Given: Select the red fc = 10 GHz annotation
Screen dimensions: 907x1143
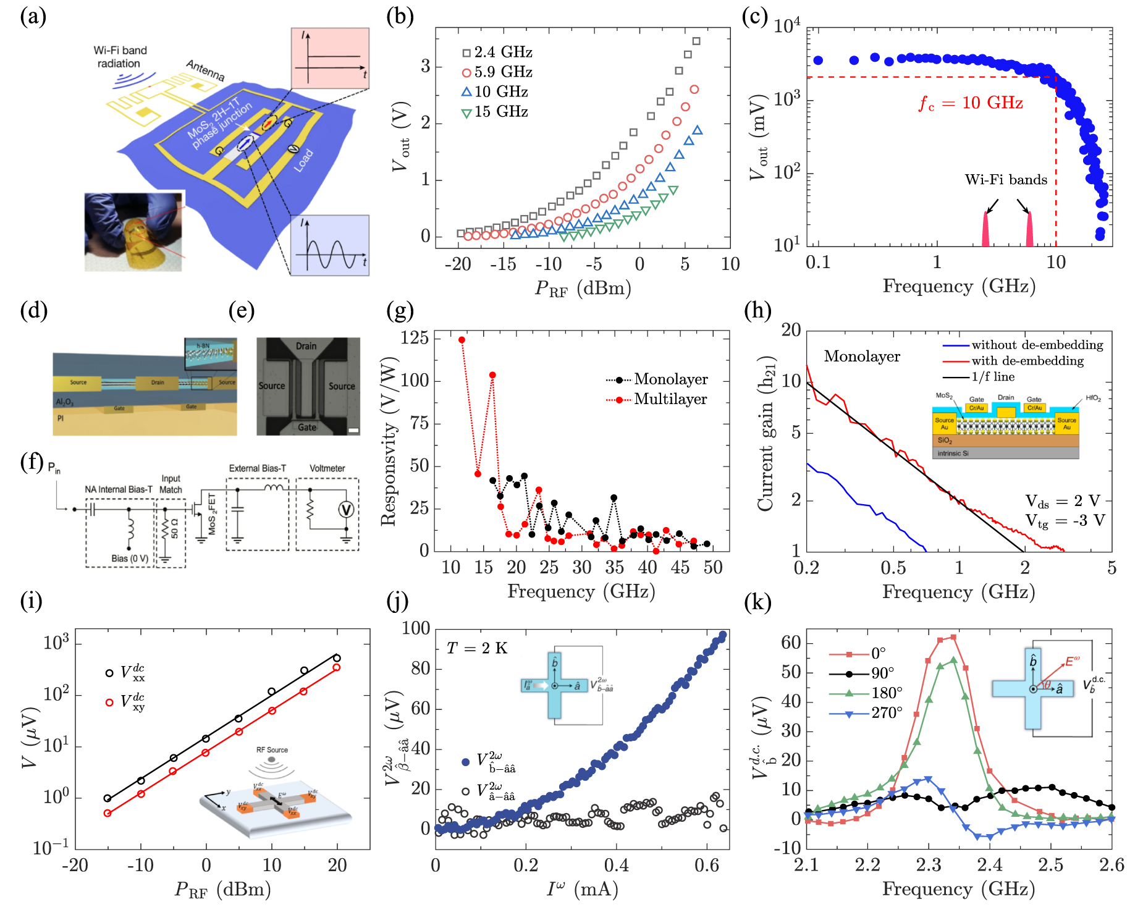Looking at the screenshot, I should (970, 103).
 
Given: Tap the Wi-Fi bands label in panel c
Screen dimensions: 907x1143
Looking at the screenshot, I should (1005, 180).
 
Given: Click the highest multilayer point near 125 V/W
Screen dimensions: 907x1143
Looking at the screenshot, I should (462, 340).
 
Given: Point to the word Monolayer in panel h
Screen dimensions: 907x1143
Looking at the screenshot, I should (861, 356).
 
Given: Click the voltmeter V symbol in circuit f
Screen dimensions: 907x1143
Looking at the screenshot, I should (347, 510).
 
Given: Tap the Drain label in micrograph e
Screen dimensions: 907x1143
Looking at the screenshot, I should (306, 346).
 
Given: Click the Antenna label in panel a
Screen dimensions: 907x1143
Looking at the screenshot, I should (205, 70).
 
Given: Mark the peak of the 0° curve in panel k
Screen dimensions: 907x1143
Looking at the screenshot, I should (953, 637).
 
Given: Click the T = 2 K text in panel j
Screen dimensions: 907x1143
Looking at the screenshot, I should (476, 648).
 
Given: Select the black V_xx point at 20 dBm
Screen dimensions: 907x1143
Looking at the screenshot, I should (337, 658).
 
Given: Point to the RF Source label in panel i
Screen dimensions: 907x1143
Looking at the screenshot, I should (272, 750).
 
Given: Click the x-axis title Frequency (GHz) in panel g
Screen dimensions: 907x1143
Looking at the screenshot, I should (581, 592).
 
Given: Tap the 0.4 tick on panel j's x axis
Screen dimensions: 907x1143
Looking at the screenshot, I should (616, 866).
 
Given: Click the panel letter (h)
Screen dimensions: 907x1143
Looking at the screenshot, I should (757, 310).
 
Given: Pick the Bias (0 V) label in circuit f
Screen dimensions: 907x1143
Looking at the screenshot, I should (130, 559).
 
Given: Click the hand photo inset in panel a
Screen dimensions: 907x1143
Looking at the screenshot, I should (134, 232).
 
